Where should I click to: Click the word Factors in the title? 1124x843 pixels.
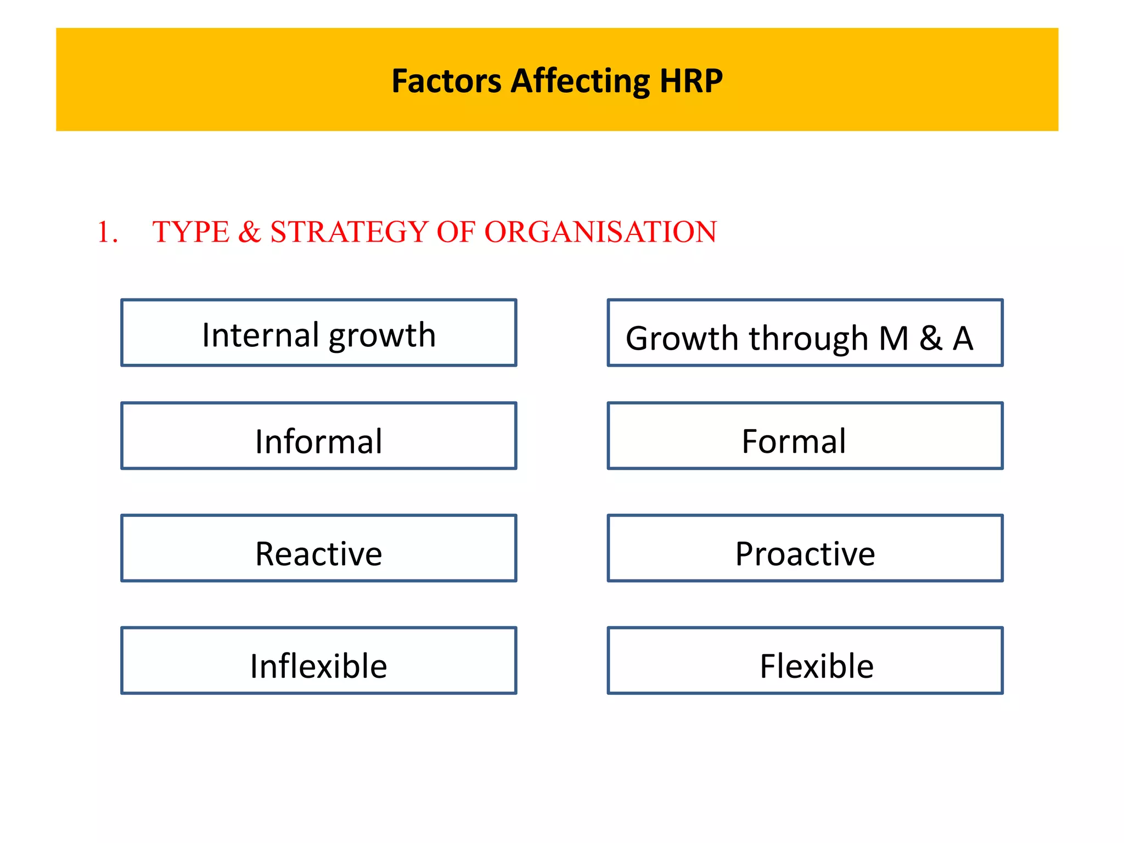pos(446,81)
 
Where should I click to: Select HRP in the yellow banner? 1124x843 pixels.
pos(691,81)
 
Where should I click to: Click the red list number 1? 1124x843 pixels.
pos(107,232)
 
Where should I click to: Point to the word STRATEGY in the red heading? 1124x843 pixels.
pos(349,232)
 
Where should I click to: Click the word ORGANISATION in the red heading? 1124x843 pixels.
pos(600,232)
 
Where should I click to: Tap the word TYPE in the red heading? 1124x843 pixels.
pos(190,232)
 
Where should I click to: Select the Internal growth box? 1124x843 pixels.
pos(318,333)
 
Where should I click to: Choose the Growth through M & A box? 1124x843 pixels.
pos(805,333)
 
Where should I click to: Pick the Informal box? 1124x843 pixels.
pos(318,436)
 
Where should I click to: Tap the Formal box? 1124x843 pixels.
pos(805,436)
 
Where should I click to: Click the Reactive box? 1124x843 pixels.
pos(318,548)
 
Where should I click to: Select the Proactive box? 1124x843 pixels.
pos(805,548)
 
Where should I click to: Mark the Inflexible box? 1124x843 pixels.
pos(318,661)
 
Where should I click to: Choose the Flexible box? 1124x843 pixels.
pos(805,661)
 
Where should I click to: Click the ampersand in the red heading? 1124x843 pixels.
pos(250,232)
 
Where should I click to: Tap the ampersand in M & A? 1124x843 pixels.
pos(931,338)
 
